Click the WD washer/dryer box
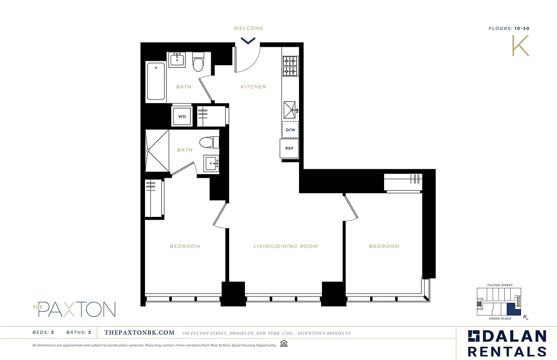point(182,116)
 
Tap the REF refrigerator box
point(290,148)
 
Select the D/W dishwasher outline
point(290,130)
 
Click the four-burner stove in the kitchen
point(290,66)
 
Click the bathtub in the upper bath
point(156,81)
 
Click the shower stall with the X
point(158,151)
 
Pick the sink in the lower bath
point(211,163)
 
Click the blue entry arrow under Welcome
point(248,41)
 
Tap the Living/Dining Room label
point(285,246)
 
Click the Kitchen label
point(254,87)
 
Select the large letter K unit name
point(521,45)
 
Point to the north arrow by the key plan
point(525,318)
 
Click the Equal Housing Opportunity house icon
point(284,344)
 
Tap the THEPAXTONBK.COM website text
point(139,333)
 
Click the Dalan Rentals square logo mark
point(474,336)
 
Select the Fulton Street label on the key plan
point(500,285)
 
